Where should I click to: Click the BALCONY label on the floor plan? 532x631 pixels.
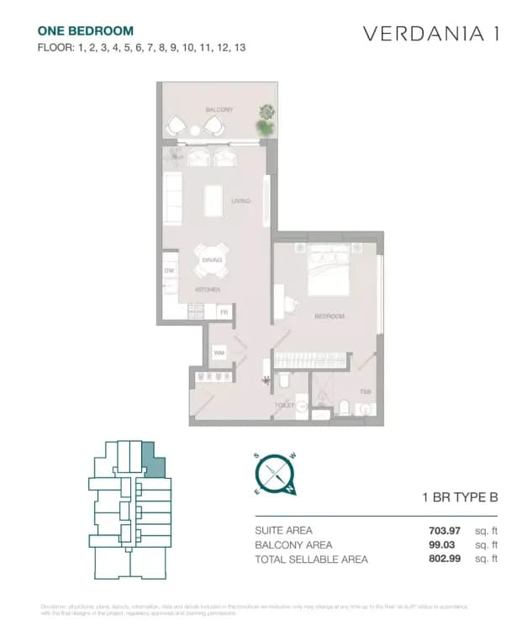(x=219, y=110)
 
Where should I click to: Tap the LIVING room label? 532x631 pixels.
(x=241, y=200)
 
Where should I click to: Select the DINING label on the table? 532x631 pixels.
(x=212, y=260)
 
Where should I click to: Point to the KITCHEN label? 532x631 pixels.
(x=208, y=289)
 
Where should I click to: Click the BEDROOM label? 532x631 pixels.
(x=329, y=316)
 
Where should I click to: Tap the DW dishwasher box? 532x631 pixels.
(x=169, y=271)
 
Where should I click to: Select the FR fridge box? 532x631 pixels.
(x=224, y=312)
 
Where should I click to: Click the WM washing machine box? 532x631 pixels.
(x=219, y=353)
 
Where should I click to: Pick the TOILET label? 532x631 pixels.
(x=284, y=405)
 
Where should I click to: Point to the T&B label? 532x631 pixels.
(x=365, y=392)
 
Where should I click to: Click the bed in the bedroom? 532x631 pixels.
(x=329, y=269)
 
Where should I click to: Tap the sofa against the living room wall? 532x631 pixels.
(x=172, y=199)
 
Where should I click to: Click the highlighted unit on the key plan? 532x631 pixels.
(x=153, y=460)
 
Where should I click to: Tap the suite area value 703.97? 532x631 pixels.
(x=445, y=530)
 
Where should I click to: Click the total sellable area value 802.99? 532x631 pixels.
(x=445, y=559)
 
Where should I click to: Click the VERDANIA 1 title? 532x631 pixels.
(x=431, y=34)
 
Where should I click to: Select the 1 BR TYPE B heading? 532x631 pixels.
(x=460, y=497)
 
